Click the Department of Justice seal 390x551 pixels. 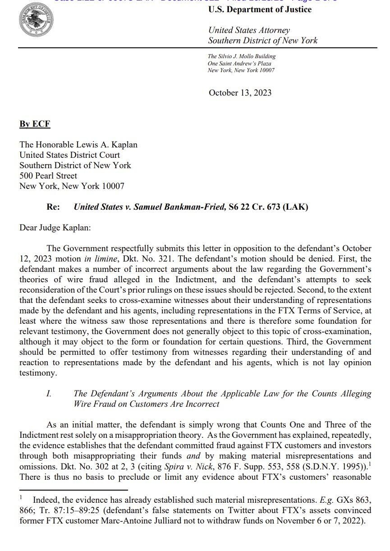(x=35, y=22)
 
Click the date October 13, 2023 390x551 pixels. (x=240, y=93)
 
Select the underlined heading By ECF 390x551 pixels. (x=35, y=124)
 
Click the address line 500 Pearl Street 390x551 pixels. (x=48, y=176)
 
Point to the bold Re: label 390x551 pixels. (x=54, y=207)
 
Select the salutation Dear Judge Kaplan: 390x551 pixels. (x=55, y=228)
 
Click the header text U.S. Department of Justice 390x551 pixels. (x=260, y=9)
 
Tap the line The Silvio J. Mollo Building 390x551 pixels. (x=242, y=56)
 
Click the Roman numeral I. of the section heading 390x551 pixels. (x=49, y=394)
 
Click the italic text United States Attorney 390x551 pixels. (x=249, y=31)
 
